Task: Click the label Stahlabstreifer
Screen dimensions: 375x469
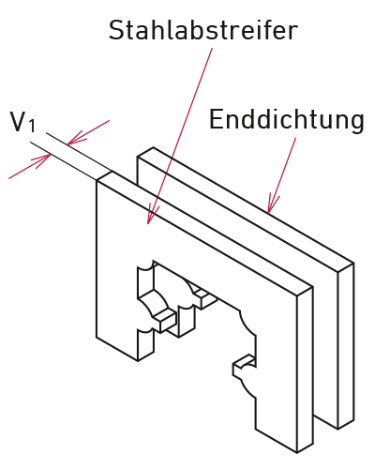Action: (203, 30)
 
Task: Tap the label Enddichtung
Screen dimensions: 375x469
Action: (287, 120)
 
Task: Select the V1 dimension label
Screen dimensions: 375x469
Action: (22, 122)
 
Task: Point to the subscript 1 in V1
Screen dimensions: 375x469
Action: (32, 126)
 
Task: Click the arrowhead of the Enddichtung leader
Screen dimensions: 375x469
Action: (273, 204)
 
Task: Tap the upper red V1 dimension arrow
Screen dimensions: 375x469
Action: (88, 132)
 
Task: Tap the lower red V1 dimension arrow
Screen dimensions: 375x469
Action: (30, 166)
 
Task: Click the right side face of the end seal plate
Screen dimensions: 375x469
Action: (346, 346)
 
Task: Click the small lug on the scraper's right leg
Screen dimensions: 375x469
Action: (245, 365)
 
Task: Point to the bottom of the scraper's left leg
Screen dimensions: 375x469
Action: (125, 350)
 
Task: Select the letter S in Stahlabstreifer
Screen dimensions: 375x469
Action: (116, 30)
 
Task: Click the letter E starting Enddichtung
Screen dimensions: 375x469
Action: (217, 119)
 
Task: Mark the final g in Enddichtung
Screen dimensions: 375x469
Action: (357, 123)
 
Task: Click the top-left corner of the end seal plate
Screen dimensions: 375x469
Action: (138, 156)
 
